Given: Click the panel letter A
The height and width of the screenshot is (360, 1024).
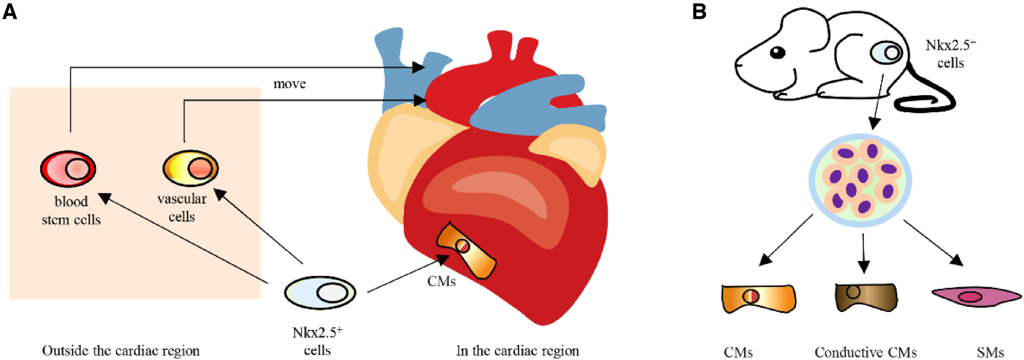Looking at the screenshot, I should [9, 11].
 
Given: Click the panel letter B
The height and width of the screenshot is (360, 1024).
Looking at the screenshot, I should [699, 11].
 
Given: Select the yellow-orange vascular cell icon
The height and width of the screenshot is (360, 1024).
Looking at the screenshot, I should [190, 168].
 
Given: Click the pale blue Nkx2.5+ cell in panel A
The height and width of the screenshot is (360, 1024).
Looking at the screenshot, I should [320, 293].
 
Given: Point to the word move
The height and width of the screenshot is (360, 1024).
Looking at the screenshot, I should [290, 84].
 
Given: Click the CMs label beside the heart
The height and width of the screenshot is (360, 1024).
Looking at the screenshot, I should [441, 281].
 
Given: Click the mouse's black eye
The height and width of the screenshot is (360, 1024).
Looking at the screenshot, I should [778, 53].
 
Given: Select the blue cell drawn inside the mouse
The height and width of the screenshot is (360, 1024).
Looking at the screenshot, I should [886, 53].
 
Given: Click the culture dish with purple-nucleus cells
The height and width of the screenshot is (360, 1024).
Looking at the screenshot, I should [860, 180].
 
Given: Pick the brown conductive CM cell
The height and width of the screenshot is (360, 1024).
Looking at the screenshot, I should [866, 297].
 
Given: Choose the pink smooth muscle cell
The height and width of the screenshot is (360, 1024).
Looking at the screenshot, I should [975, 296].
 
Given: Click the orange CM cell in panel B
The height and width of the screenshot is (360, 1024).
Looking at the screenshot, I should [758, 299].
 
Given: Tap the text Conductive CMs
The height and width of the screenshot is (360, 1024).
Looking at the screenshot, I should [865, 353].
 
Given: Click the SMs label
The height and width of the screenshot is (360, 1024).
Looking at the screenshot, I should [990, 353].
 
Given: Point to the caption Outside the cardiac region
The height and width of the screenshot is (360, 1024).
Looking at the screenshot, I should [120, 351].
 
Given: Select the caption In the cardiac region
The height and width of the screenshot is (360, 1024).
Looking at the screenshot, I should [517, 351].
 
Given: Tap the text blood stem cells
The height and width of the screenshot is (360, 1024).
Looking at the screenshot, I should [71, 210].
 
